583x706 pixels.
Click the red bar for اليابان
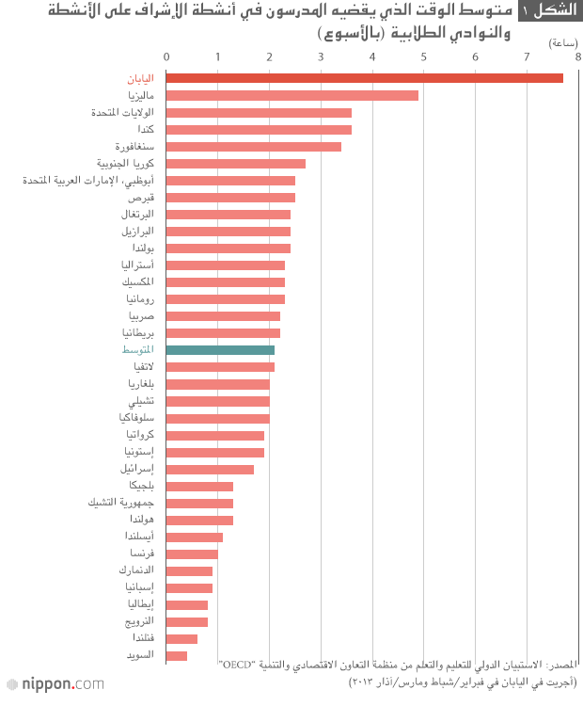click(x=365, y=78)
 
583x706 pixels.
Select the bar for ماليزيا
click(x=292, y=95)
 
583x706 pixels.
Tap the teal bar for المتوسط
click(x=220, y=350)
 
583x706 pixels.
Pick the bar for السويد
click(x=177, y=655)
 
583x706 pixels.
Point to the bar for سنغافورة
click(x=254, y=146)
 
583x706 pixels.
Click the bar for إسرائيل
click(x=211, y=469)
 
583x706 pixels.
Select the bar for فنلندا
click(x=182, y=638)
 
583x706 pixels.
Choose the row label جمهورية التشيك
click(x=120, y=503)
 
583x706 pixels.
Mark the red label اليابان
click(x=140, y=78)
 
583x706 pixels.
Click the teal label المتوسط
click(x=138, y=350)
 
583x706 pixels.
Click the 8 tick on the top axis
click(x=577, y=57)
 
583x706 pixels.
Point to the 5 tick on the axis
click(x=424, y=57)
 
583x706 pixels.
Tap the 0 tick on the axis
click(x=166, y=57)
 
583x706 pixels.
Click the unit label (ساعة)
click(x=562, y=42)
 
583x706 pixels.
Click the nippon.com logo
click(x=55, y=683)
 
